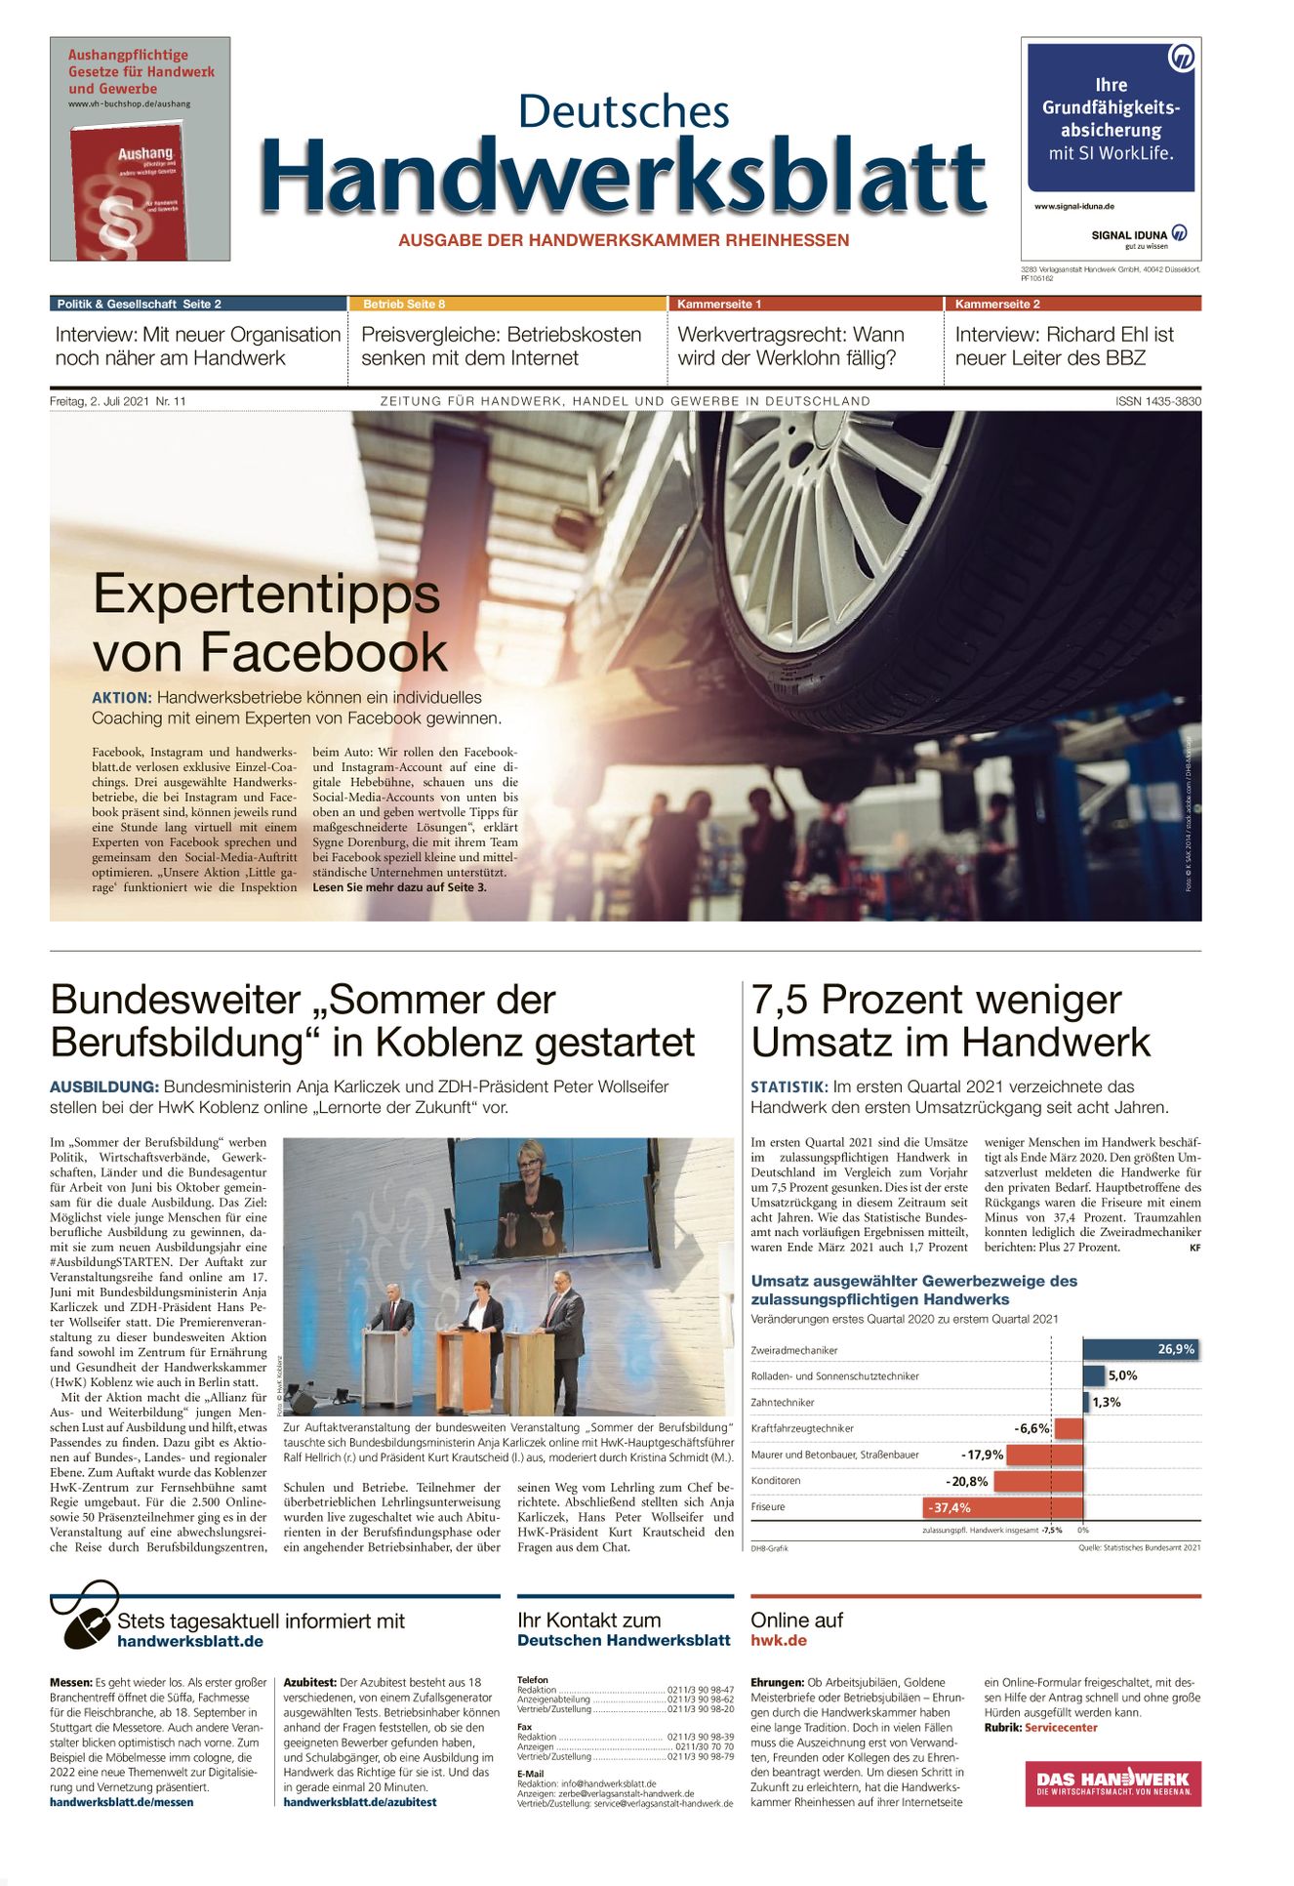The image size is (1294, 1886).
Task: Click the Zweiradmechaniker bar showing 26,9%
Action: click(x=1139, y=1349)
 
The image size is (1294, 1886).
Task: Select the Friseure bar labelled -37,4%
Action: click(x=1002, y=1507)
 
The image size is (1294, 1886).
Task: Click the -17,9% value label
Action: click(x=982, y=1455)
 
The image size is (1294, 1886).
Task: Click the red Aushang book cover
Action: click(x=129, y=191)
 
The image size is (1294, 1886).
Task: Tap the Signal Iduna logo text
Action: click(x=1129, y=234)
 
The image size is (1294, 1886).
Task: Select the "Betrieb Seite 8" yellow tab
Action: click(x=404, y=304)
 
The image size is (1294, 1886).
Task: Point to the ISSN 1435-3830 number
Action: click(x=1158, y=401)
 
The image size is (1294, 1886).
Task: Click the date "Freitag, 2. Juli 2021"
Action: click(x=101, y=401)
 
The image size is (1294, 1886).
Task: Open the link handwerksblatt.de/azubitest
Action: click(x=360, y=1802)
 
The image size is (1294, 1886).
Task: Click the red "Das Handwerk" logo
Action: click(x=1112, y=1783)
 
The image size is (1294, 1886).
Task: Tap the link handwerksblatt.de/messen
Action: click(x=121, y=1802)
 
